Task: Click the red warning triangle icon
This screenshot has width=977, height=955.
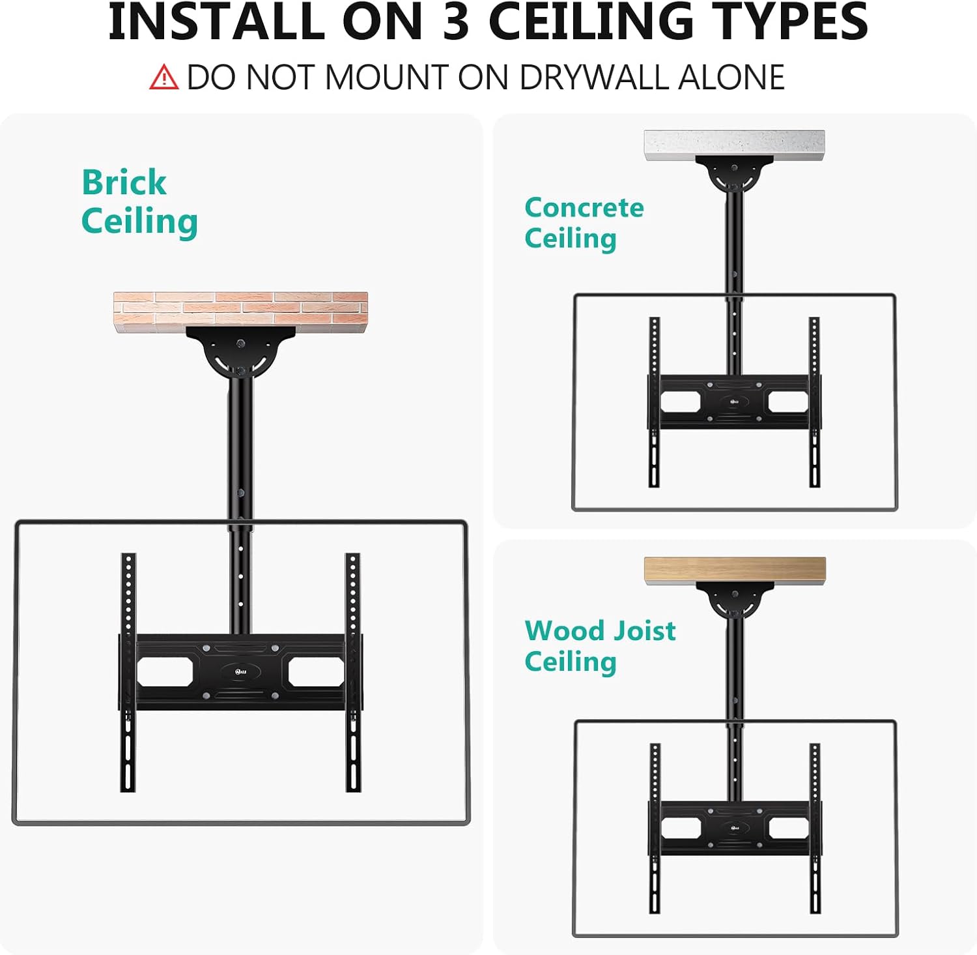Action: click(x=163, y=77)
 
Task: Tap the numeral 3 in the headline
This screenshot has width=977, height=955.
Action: click(x=455, y=22)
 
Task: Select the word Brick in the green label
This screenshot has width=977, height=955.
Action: click(x=124, y=182)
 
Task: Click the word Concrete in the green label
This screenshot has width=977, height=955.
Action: click(x=584, y=207)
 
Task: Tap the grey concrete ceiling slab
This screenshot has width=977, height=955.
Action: click(x=735, y=145)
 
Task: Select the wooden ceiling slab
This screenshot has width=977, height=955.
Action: click(x=735, y=570)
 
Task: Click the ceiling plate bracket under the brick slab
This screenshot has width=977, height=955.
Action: click(x=240, y=353)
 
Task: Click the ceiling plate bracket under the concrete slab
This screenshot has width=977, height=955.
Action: click(x=735, y=173)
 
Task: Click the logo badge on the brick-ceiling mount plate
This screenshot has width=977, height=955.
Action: click(x=240, y=671)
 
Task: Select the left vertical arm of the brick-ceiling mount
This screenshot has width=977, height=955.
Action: click(x=128, y=673)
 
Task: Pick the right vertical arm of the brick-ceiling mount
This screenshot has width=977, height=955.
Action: click(x=353, y=673)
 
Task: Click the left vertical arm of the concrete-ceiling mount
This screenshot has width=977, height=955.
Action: click(x=655, y=402)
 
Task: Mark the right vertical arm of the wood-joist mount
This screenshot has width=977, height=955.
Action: click(x=814, y=828)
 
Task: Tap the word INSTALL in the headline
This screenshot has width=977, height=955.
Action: click(x=216, y=22)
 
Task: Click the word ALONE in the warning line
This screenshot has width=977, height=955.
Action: click(x=731, y=78)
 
